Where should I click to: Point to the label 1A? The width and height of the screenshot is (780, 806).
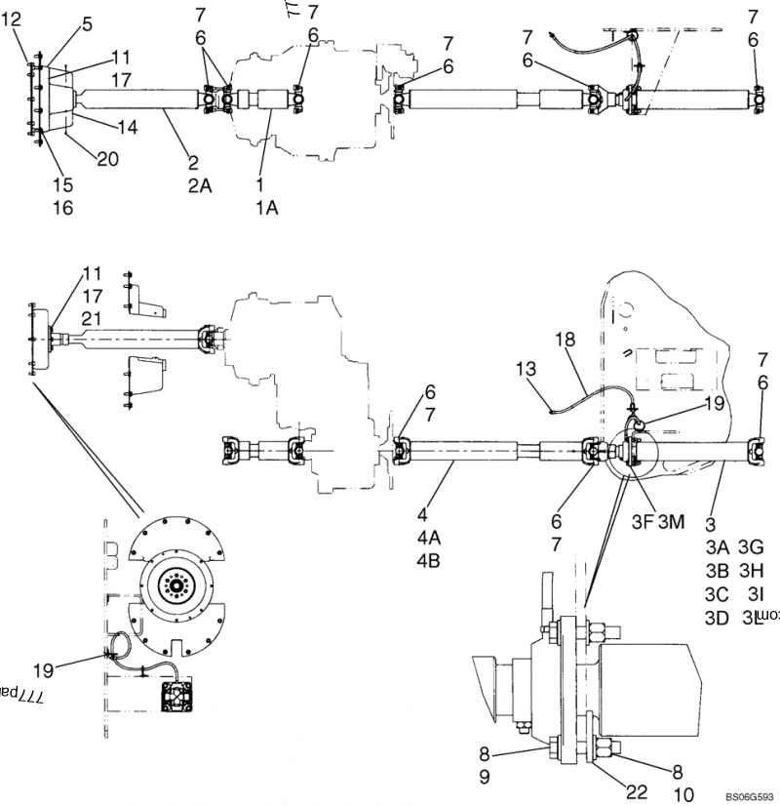click(266, 206)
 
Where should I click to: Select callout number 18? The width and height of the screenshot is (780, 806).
click(566, 340)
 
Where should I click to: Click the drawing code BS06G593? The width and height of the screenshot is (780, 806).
click(748, 796)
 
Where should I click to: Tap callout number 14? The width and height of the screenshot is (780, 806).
click(127, 127)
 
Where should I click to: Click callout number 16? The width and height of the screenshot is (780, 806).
click(62, 207)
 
